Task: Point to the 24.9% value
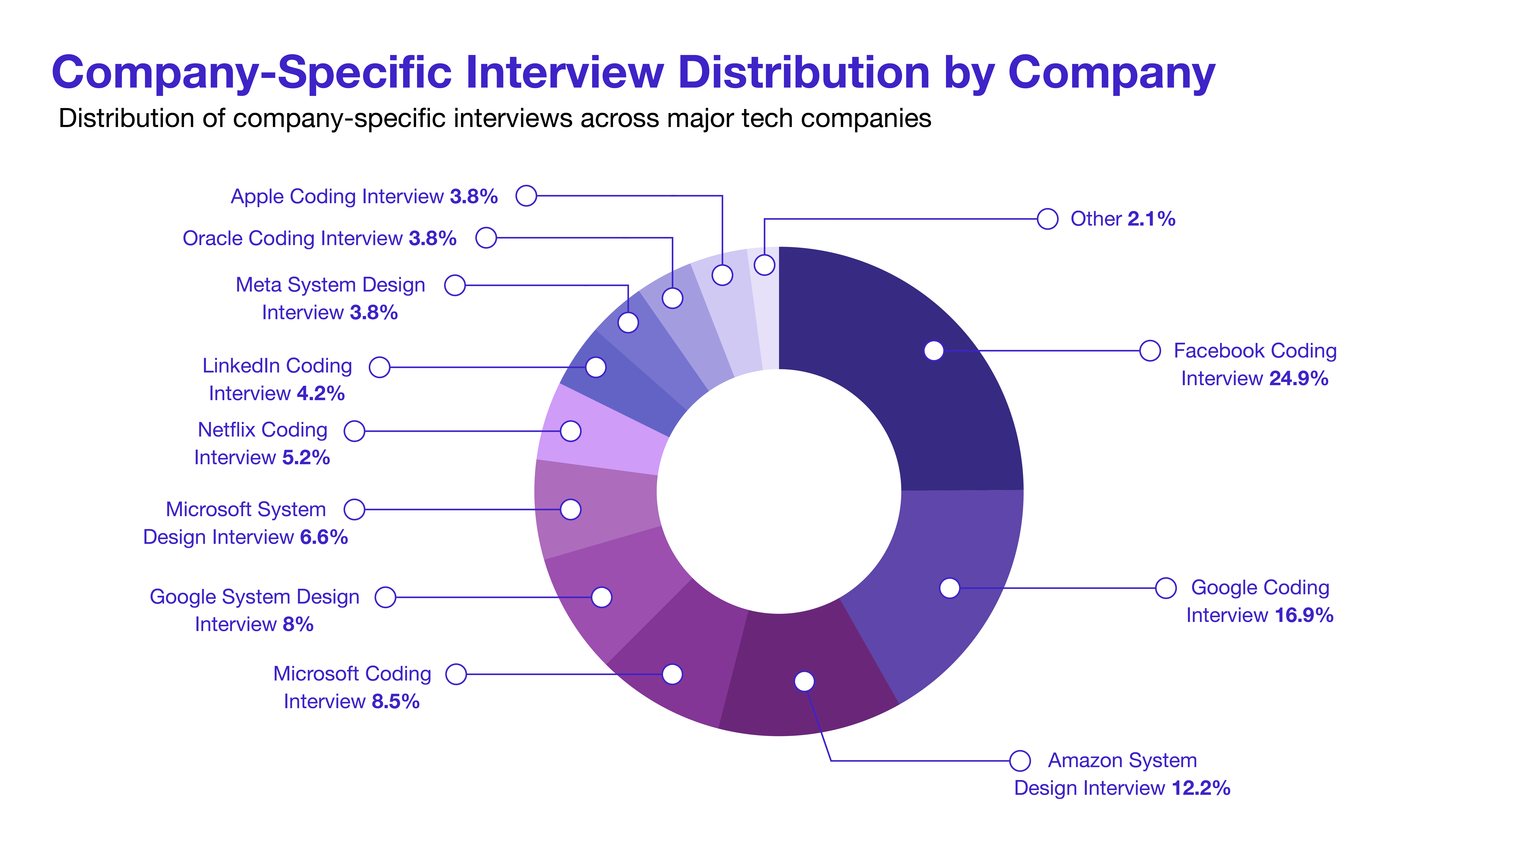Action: point(1298,379)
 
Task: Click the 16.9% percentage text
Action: point(1304,616)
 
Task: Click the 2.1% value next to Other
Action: point(1151,219)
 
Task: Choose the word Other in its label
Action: point(1096,219)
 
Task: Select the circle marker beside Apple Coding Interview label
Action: point(526,195)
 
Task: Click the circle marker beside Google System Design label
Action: point(385,597)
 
